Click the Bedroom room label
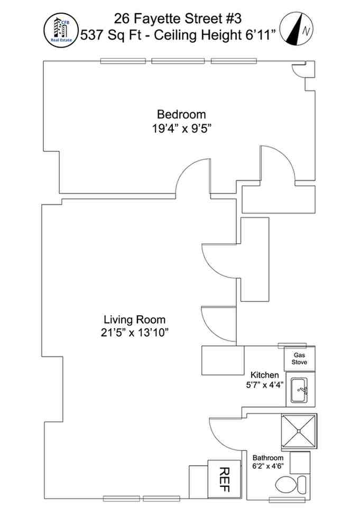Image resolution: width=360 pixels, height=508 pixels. pyautogui.click(x=181, y=114)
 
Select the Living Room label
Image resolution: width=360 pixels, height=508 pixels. pyautogui.click(x=134, y=320)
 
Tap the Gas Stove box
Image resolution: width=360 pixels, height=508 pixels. pyautogui.click(x=299, y=359)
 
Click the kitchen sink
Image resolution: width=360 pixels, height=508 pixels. pyautogui.click(x=300, y=392)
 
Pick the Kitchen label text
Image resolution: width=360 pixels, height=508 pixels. pyautogui.click(x=264, y=375)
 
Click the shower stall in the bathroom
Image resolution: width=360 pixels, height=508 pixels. pyautogui.click(x=299, y=430)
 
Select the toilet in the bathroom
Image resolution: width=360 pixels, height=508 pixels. pyautogui.click(x=291, y=484)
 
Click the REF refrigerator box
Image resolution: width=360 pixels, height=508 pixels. pyautogui.click(x=224, y=478)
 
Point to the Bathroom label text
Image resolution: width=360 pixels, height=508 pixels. pyautogui.click(x=267, y=458)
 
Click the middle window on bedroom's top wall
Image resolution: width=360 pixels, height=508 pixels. pyautogui.click(x=178, y=61)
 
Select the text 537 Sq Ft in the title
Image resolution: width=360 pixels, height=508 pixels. pyautogui.click(x=105, y=35)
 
